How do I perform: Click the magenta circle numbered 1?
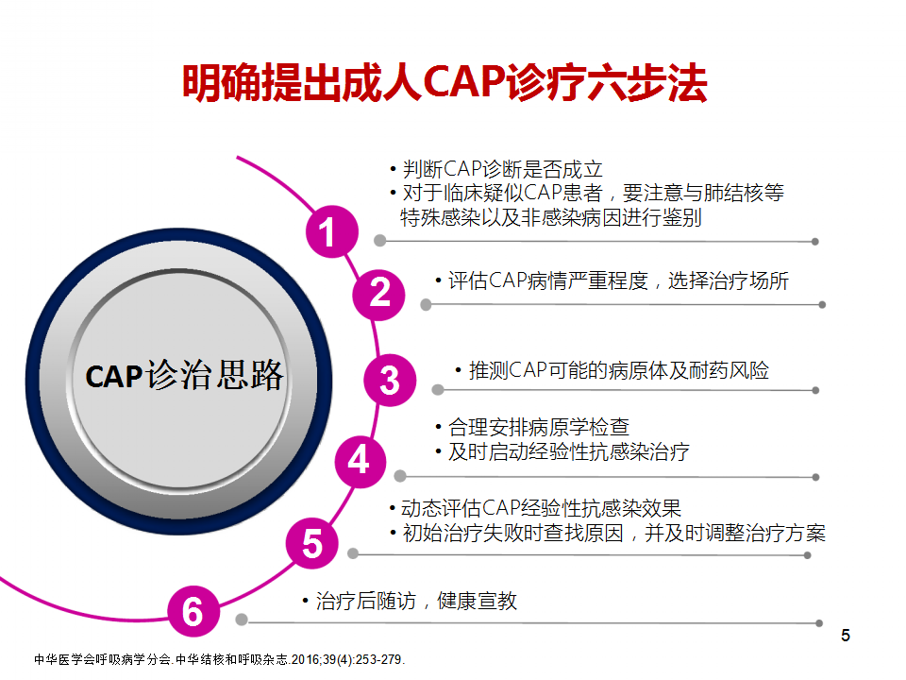coord(331,232)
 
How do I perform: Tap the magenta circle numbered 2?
coord(379,295)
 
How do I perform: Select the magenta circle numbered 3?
coord(390,380)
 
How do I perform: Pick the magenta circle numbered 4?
coord(361,462)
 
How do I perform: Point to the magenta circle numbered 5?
coord(312,543)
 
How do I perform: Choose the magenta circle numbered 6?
coord(193,611)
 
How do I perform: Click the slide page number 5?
coord(846,636)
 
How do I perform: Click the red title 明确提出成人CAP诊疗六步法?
coord(445,83)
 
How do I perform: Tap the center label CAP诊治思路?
coord(184,375)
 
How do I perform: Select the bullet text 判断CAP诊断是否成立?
coord(503,169)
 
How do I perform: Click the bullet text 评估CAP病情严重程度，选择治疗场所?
coord(618,281)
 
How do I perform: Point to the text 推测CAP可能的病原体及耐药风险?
coord(619,370)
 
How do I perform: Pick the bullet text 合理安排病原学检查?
coord(539,427)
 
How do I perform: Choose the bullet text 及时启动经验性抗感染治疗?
coord(568,451)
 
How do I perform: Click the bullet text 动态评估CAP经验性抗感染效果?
coord(542,508)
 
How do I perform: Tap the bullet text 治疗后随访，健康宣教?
coord(416,602)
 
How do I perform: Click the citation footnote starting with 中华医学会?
coord(220,660)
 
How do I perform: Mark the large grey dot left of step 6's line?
coord(242,620)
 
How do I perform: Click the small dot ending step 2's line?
coord(822,305)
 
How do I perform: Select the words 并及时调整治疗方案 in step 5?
coord(735,533)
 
